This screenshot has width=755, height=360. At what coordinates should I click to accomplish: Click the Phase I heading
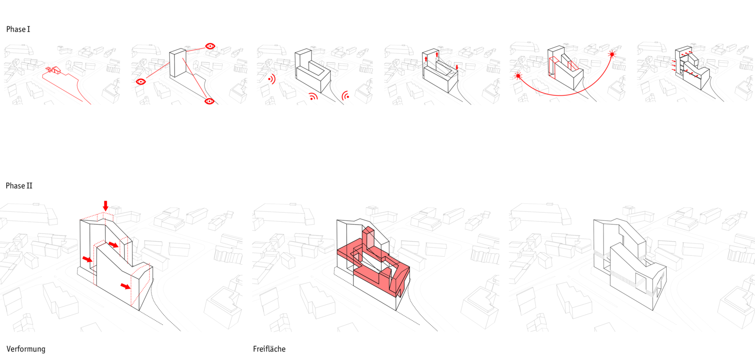18,29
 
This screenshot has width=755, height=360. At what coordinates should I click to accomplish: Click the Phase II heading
19,186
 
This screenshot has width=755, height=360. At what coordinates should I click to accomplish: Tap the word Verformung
26,349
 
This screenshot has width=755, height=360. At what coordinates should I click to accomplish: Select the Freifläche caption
269,349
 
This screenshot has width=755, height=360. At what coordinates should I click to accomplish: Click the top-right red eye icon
210,46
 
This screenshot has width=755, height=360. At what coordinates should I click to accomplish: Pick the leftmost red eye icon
141,82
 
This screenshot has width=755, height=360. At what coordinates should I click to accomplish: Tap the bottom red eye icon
210,101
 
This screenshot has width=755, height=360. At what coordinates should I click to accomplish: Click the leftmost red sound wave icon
271,79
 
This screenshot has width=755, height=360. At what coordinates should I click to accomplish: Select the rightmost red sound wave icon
346,96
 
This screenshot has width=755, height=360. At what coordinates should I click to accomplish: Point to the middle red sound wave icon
313,97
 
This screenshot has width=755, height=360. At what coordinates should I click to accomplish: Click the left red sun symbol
518,76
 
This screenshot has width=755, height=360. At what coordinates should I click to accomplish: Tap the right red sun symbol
612,55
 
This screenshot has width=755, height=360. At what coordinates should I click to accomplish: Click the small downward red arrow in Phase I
457,67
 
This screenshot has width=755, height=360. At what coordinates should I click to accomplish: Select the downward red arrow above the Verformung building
106,206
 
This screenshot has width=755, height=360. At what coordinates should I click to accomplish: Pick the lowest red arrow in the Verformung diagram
126,286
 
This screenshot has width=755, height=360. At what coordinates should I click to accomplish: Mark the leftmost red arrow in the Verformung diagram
87,259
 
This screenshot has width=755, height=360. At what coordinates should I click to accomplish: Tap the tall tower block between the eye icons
177,63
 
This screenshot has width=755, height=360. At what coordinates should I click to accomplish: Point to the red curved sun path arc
562,95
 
